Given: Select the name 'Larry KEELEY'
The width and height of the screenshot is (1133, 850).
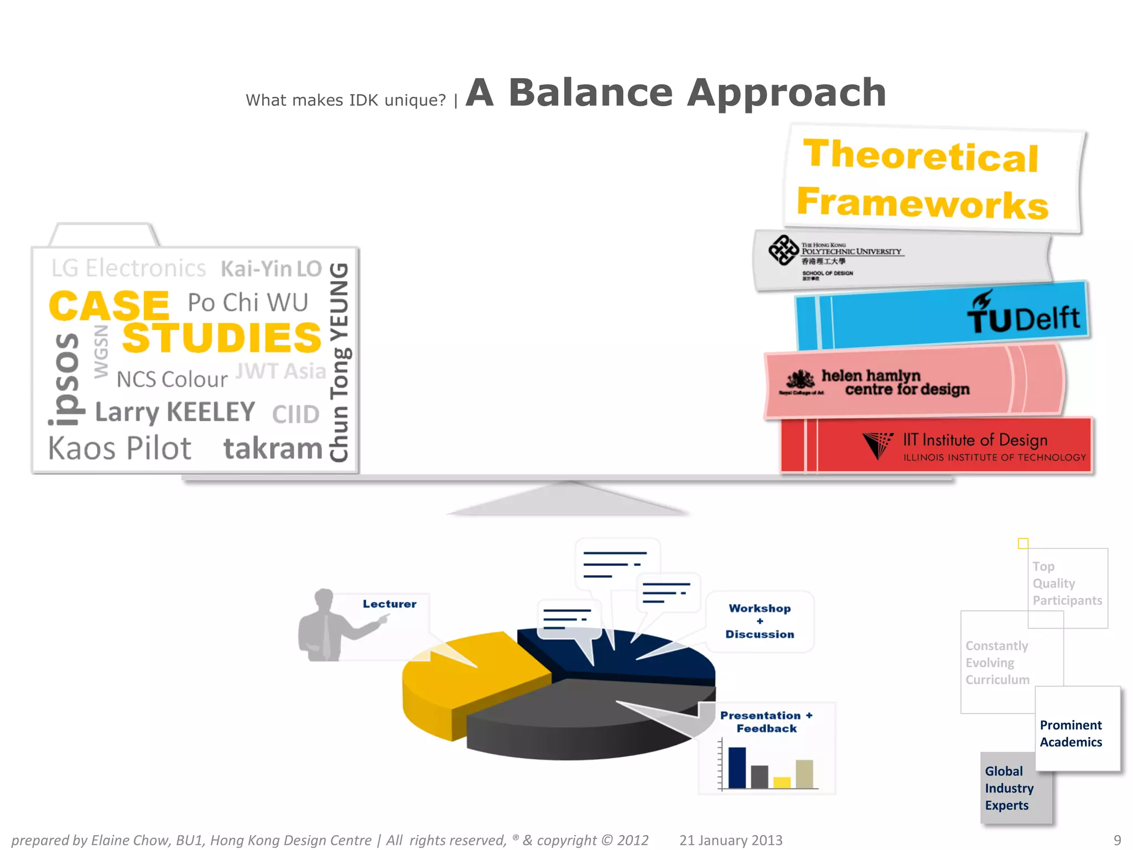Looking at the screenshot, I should pyautogui.click(x=175, y=412).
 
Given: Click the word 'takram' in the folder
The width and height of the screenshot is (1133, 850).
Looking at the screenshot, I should pyautogui.click(x=273, y=448).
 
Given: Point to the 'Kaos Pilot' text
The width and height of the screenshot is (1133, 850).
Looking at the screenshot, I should pyautogui.click(x=119, y=448).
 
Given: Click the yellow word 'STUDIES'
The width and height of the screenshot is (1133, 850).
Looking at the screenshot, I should pyautogui.click(x=221, y=338).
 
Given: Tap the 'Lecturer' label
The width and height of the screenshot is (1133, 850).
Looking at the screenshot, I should pyautogui.click(x=389, y=604).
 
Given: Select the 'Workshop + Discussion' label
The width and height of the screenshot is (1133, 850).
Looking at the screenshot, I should pyautogui.click(x=760, y=621).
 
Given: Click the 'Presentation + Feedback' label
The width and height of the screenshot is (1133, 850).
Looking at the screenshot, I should pyautogui.click(x=766, y=722).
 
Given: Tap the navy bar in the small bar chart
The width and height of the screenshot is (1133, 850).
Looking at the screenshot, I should pyautogui.click(x=737, y=768).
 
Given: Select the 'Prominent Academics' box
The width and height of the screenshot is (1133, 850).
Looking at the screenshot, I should pyautogui.click(x=1071, y=733).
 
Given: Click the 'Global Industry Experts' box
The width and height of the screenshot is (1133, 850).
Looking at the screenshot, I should pyautogui.click(x=1009, y=788).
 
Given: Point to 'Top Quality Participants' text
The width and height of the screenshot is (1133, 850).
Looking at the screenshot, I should pyautogui.click(x=1067, y=583).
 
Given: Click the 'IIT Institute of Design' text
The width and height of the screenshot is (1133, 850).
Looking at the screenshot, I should pyautogui.click(x=975, y=440).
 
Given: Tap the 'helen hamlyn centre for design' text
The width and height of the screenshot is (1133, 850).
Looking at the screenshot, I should pyautogui.click(x=895, y=382).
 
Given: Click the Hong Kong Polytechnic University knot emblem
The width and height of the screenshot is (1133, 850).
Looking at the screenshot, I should pyautogui.click(x=783, y=250).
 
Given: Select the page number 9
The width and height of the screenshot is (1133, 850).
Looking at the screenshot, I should pyautogui.click(x=1117, y=840).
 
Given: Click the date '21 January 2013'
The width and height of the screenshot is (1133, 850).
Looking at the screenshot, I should pyautogui.click(x=731, y=840).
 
